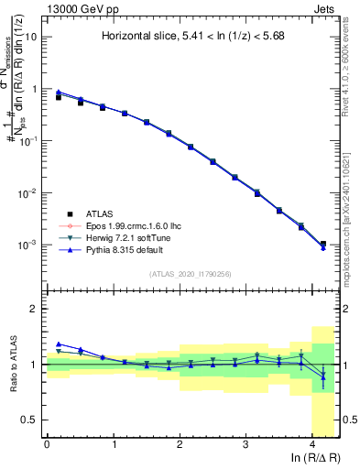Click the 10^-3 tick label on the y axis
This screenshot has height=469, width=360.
29,245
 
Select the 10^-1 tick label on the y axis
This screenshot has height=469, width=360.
29,141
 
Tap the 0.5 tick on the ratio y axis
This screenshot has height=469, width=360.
30,420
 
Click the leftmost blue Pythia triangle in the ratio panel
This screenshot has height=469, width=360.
58,344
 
